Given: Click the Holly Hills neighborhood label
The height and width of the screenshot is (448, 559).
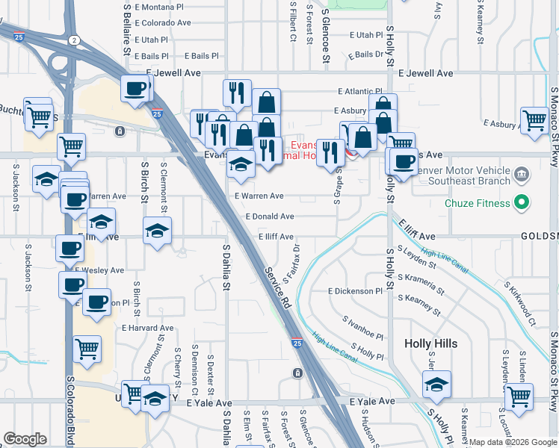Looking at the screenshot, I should coord(430,343).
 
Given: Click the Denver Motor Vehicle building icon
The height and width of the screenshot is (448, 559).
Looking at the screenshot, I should coord(522,175).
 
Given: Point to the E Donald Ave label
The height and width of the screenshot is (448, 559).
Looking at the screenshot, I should coord(270,216).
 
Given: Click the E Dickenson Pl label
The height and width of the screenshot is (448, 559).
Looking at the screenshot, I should coord(355,290).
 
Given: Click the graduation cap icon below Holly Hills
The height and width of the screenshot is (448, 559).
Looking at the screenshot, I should coord(436,385).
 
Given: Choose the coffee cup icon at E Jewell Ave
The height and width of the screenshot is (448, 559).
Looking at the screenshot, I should coord(135,89).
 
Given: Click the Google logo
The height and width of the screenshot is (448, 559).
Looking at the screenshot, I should coord(25,440).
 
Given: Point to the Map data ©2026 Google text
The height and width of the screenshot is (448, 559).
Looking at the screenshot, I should coord(512,442).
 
